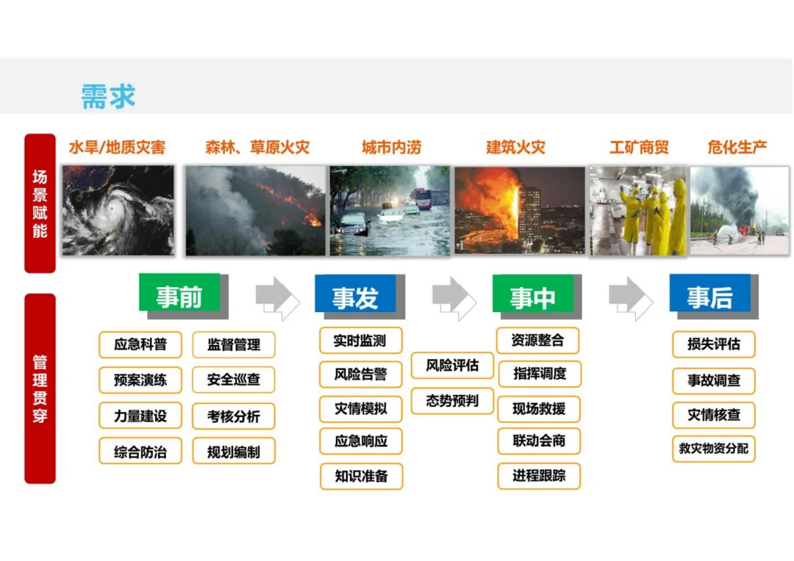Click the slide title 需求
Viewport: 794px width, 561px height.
108,96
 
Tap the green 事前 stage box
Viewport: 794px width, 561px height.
179,295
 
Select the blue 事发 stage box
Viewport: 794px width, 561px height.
356,295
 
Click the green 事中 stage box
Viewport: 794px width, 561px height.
533,295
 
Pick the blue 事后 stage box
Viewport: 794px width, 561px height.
710,295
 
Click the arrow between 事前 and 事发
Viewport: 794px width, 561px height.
277,297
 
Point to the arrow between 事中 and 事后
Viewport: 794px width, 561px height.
630,297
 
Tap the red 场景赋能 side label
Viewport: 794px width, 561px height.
40,203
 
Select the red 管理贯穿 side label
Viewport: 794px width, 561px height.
40,388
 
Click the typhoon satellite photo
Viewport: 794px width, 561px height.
118,210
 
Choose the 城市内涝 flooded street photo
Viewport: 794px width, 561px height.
390,210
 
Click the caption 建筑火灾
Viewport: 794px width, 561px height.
516,148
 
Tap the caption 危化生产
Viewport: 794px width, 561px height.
737,148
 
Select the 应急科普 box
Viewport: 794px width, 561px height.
140,344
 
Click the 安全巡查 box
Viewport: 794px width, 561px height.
234,380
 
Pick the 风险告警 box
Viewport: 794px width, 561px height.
361,374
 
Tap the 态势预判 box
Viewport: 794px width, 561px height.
452,401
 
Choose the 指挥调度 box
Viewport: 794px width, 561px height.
539,374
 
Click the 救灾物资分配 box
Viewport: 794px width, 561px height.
713,448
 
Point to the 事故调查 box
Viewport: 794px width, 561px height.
713,381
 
